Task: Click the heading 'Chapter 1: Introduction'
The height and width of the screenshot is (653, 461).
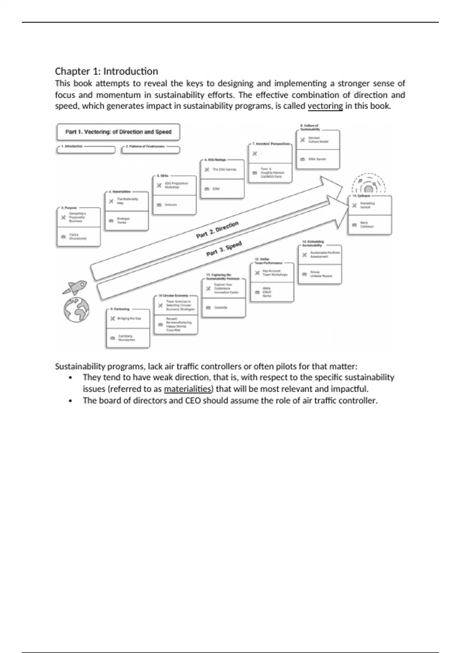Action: click(106, 71)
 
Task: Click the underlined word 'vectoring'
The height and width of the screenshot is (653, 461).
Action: click(325, 106)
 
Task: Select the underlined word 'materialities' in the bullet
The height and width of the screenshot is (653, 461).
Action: click(187, 389)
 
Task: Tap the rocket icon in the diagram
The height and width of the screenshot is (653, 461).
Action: click(75, 287)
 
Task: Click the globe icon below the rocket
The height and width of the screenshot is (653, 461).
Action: click(76, 309)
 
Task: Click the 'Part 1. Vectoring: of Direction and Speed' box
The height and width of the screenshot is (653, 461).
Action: click(118, 132)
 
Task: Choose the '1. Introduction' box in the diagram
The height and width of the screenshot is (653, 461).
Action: click(85, 149)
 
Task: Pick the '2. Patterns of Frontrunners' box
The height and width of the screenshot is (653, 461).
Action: click(150, 149)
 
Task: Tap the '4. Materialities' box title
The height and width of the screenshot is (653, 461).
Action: click(120, 191)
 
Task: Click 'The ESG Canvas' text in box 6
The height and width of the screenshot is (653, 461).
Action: click(224, 169)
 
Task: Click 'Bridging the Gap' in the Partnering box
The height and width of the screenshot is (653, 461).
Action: click(129, 318)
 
